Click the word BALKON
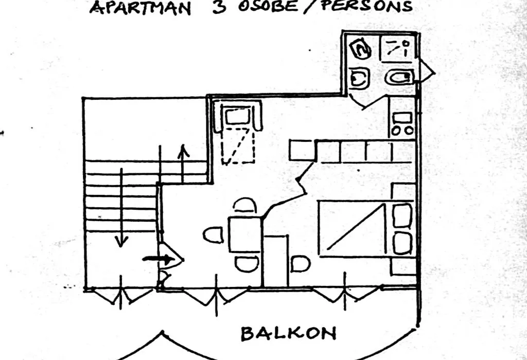point(288,333)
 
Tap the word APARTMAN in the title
point(140,7)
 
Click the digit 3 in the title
point(219,7)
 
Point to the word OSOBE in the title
point(268,6)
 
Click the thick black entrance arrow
point(159,259)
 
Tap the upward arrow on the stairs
point(183,164)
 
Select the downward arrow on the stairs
point(121,208)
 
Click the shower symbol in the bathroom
point(398,49)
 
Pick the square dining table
point(245,235)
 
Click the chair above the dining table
point(244,205)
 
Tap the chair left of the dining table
point(214,235)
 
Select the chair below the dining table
point(247,264)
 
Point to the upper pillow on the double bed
point(402,215)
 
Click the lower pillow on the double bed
point(402,243)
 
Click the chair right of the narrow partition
point(300,264)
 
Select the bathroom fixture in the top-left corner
point(360,49)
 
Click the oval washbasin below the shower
point(399,78)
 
